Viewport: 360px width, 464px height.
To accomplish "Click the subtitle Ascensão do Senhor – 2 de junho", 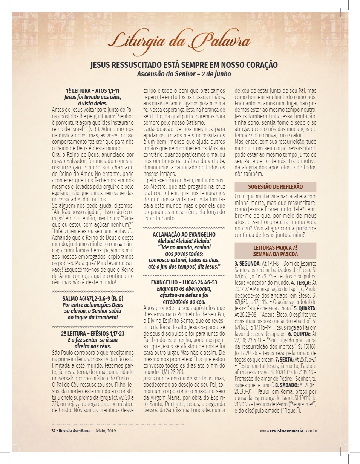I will pos(184,74).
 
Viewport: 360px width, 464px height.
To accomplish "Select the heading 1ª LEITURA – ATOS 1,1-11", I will pos(93,91).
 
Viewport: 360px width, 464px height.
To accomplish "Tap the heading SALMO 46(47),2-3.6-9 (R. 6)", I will pos(93,299).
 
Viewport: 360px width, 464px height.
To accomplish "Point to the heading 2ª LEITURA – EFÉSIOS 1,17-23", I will pos(93,334).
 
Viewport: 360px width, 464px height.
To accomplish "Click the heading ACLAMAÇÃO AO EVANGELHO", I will pos(184,234).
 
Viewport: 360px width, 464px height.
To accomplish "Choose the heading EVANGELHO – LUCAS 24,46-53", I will pos(184,282).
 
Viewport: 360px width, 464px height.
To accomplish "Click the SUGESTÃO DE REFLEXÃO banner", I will pos(275,187).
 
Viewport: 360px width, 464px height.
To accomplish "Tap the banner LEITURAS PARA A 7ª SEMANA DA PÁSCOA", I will pos(275,250).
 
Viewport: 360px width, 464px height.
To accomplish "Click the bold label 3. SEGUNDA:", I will pos(248,263).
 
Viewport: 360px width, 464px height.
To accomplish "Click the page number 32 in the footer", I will pos(54,430).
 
